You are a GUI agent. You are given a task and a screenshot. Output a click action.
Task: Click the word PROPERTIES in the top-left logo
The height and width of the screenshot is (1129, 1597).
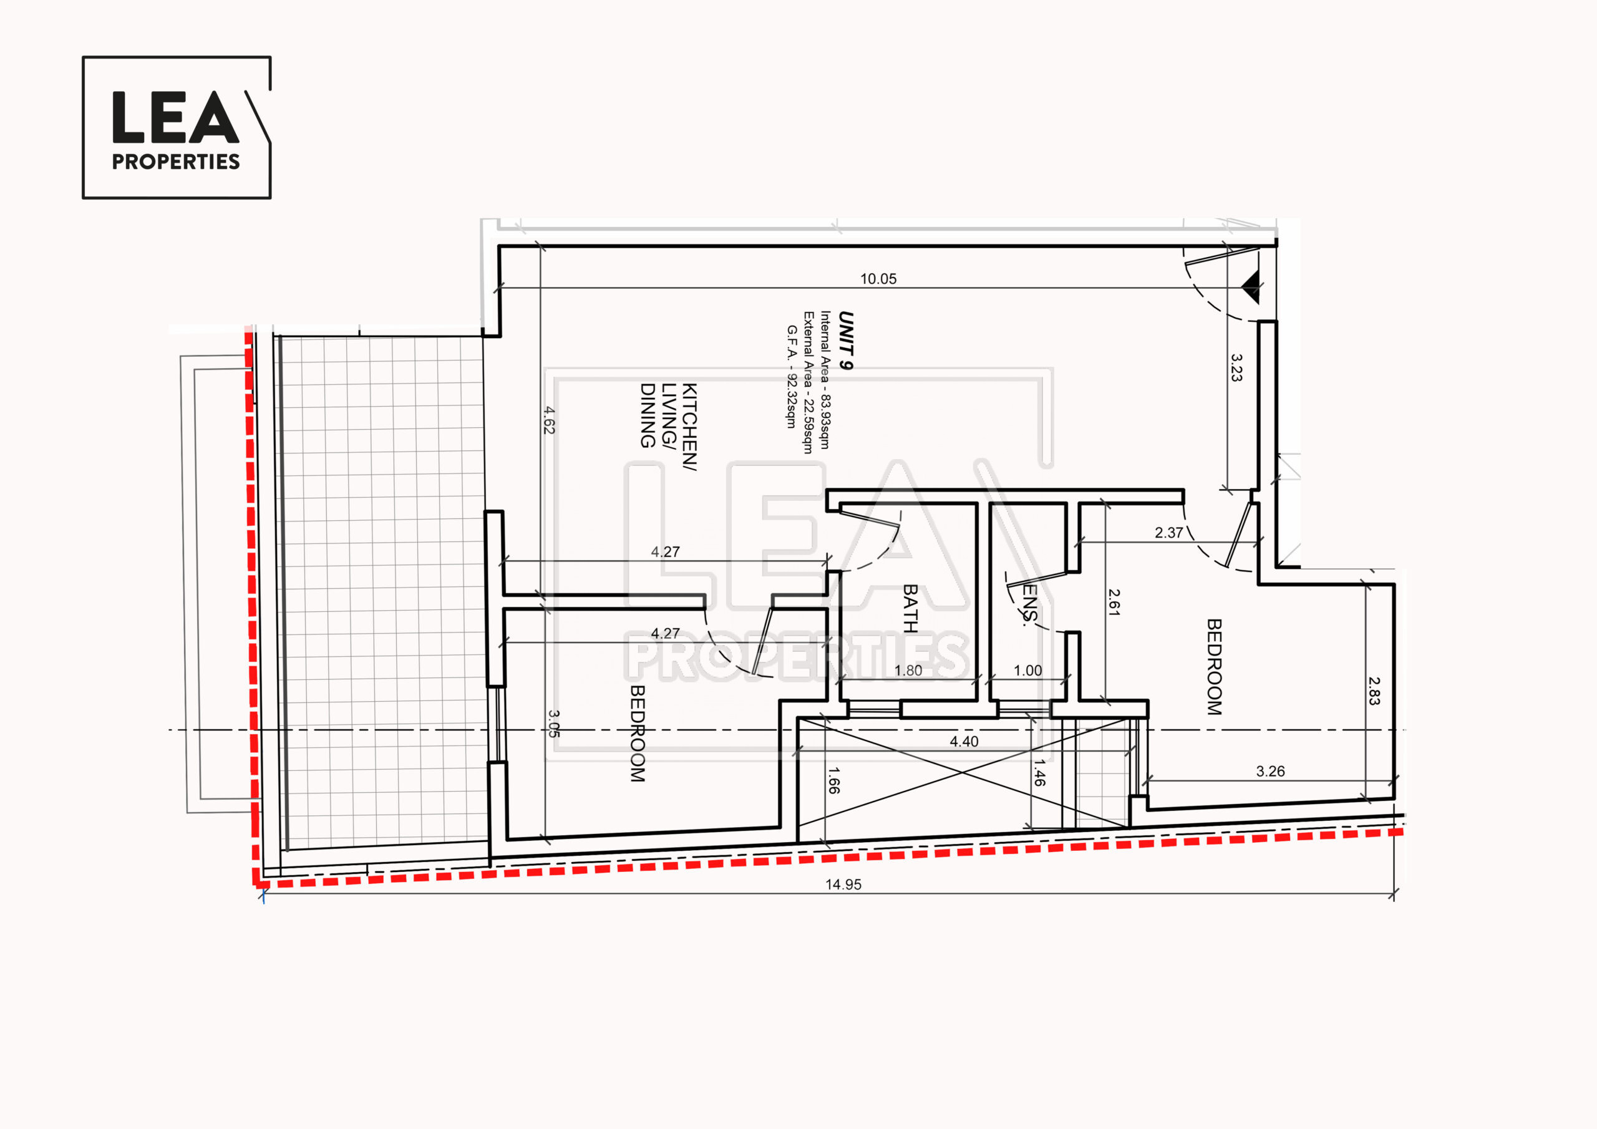coord(176,162)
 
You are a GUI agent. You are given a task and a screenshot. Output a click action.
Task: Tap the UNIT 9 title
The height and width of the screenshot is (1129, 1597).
coord(846,340)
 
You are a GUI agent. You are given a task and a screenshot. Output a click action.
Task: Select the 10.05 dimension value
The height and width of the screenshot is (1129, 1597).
coord(878,279)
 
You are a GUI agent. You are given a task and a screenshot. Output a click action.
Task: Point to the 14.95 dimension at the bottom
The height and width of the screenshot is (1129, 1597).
coord(843,885)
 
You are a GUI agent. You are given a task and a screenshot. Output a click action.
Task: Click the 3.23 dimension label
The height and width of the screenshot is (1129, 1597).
coord(1236,367)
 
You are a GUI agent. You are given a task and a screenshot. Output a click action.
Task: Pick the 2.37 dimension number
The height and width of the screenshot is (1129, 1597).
coord(1168,533)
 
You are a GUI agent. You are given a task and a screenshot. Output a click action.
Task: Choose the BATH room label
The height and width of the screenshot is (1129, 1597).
coord(910,608)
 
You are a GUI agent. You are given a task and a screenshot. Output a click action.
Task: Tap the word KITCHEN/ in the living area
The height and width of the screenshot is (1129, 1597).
coord(689,427)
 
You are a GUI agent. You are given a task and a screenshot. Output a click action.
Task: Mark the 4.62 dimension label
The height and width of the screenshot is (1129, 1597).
coord(549,420)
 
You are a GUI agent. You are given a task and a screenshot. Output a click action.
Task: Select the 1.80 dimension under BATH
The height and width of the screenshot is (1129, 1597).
coord(908,671)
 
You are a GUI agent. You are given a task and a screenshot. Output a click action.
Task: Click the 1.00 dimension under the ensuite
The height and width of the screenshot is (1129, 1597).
coord(1027,671)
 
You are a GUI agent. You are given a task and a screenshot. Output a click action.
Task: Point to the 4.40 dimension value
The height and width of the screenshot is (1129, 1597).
coord(964,742)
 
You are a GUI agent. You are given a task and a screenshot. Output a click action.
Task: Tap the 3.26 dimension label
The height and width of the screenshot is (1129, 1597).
coord(1270,772)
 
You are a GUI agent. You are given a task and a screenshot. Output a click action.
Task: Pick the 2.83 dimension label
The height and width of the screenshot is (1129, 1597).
coord(1374,692)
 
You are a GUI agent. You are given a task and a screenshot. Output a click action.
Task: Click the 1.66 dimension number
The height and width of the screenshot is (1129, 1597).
coord(833,780)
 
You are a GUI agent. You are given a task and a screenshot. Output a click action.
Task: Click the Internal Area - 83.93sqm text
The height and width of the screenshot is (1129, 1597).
coord(825,380)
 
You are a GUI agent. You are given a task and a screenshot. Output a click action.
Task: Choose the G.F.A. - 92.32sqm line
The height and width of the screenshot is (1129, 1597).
coord(792,376)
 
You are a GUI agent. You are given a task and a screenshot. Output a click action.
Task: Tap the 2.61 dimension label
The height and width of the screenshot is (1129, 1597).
coord(1114,603)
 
